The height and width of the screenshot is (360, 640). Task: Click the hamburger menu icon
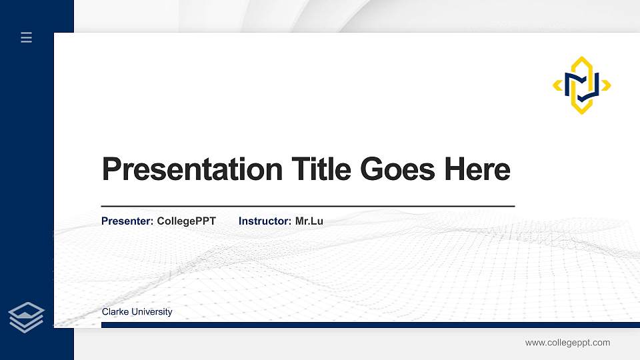pos(27,37)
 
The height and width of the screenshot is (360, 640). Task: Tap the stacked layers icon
pos(26,317)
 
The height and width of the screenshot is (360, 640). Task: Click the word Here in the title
pos(477,169)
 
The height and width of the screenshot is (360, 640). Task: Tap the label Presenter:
pos(127,221)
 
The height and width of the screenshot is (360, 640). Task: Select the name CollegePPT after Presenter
pos(186,221)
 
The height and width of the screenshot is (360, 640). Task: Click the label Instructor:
pos(265,221)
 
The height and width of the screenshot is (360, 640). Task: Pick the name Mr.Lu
pos(309,221)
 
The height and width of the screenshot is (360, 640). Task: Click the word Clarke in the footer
pos(115,312)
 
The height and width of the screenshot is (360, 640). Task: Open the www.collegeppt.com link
pos(567,343)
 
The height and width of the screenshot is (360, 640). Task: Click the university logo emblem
pos(582,85)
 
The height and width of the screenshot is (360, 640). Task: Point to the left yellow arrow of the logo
pos(557,85)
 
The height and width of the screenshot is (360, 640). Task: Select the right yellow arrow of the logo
pos(606,85)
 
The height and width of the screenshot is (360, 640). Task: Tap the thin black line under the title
pos(307,207)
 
